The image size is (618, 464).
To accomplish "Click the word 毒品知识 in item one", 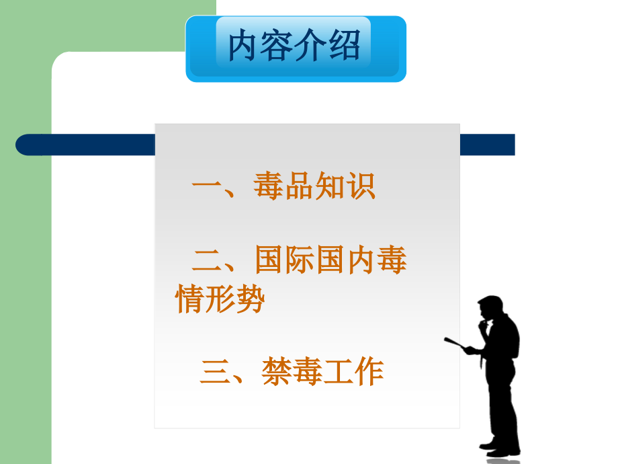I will pyautogui.click(x=314, y=187).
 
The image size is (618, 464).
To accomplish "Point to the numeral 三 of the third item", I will pyautogui.click(x=215, y=373).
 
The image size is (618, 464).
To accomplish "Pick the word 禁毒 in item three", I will pyautogui.click(x=290, y=372).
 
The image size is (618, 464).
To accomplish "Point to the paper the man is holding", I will pyautogui.click(x=457, y=345).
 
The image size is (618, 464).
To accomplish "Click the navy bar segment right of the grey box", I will pyautogui.click(x=487, y=145).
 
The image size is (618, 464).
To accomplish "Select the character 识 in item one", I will pyautogui.click(x=361, y=187).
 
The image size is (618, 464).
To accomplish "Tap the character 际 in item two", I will pyautogui.click(x=300, y=261).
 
